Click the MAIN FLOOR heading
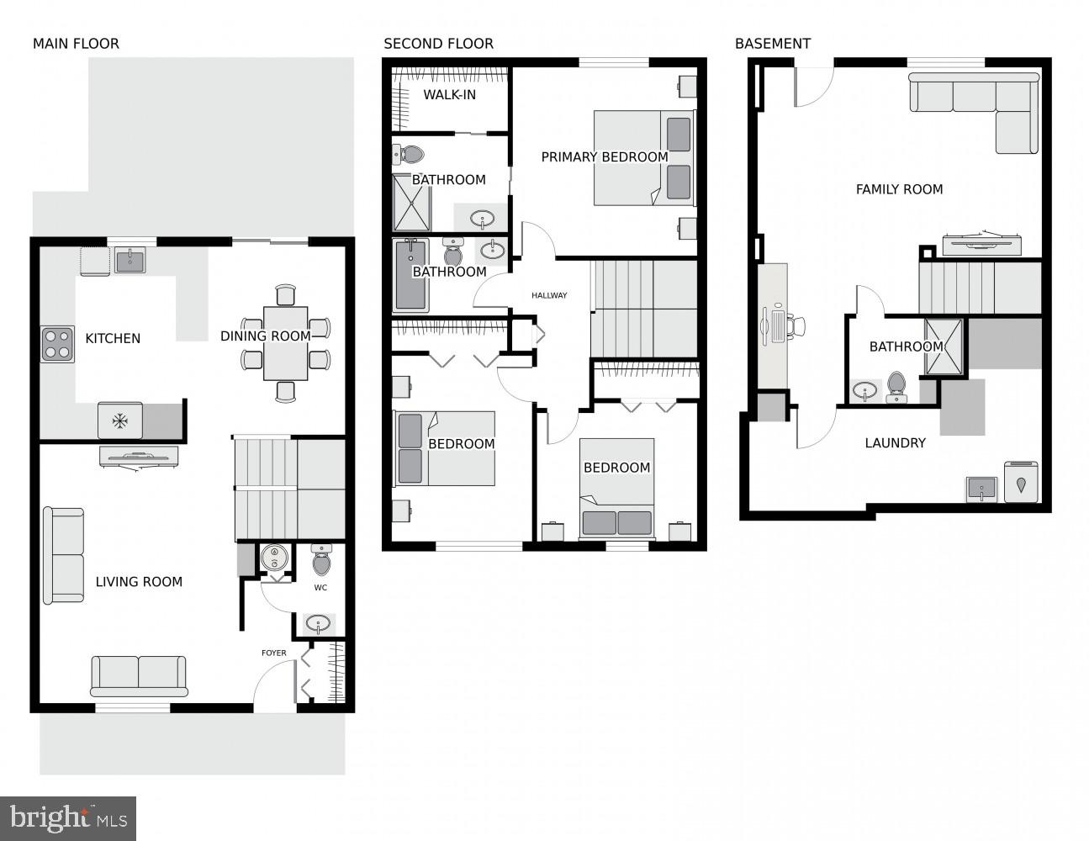(76, 44)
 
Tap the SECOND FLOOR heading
(438, 44)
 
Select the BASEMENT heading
(772, 44)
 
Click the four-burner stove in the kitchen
(57, 344)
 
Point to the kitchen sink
(130, 261)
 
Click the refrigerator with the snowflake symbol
(120, 420)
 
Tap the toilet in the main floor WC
(322, 558)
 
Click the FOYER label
(273, 653)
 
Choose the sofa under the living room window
(139, 675)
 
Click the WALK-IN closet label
(449, 94)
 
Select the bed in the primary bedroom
(644, 158)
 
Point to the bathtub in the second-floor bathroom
(411, 275)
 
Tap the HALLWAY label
(549, 295)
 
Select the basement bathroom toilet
(896, 387)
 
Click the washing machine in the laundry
(1022, 482)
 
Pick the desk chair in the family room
(796, 325)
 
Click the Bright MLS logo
(68, 818)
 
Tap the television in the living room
(138, 457)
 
